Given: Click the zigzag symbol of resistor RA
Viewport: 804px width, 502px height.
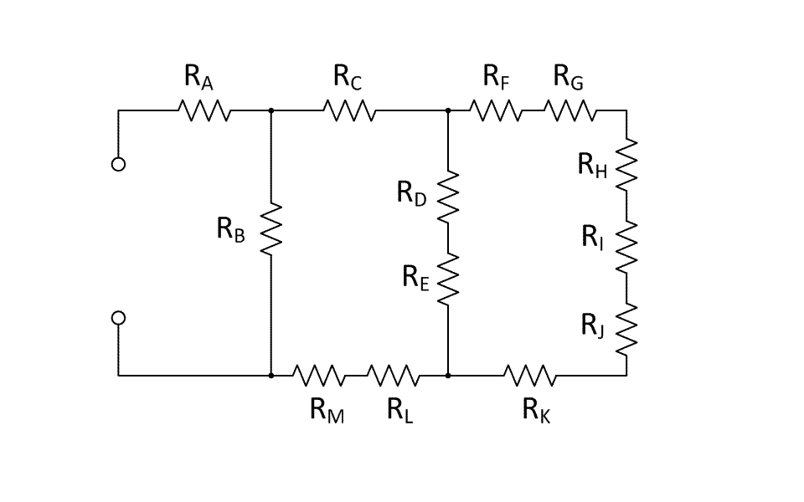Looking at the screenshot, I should [204, 110].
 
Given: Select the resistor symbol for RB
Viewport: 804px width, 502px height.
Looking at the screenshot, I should [271, 228].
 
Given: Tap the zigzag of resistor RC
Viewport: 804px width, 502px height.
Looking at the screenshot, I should [349, 110].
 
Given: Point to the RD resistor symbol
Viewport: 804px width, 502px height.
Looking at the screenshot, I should [449, 197].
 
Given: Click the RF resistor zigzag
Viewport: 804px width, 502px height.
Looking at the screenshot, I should [495, 110].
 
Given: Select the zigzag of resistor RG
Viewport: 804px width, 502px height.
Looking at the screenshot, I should [570, 110].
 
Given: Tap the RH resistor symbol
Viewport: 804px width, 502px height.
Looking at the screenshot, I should [626, 164].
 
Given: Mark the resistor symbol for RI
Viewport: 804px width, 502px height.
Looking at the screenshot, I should [626, 245].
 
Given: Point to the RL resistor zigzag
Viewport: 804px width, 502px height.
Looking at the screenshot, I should [393, 376].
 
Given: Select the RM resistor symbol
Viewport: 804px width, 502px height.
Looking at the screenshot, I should [318, 376].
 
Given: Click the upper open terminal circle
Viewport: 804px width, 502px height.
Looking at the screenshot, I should [118, 164].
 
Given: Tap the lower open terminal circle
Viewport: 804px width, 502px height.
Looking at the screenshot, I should [118, 318].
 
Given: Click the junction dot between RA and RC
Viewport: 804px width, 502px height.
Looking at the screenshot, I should [271, 110].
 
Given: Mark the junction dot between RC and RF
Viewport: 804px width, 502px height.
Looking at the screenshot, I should [449, 110].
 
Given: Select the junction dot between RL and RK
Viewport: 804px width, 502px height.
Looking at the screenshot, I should [449, 376].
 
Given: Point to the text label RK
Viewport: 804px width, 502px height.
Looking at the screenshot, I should [536, 410].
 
